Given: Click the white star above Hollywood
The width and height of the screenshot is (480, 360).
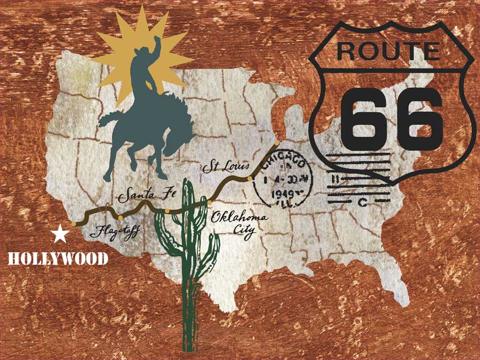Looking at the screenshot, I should coord(60,234).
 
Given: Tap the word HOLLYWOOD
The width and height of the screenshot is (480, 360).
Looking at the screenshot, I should coord(58,259).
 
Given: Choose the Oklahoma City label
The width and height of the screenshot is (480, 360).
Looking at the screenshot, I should coord(233,223).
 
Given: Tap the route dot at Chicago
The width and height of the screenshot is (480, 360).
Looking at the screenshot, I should coord(277,143).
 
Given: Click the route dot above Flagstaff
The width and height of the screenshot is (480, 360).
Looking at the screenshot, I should coord(121,218).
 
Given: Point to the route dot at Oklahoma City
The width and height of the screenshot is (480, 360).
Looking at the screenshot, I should coord(210,203).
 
